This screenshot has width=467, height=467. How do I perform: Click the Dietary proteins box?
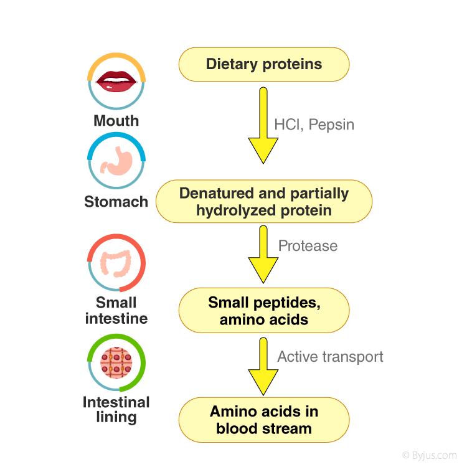(x=264, y=64)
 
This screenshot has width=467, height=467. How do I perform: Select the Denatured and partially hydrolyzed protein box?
(x=264, y=202)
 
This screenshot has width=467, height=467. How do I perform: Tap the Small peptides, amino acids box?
(x=264, y=311)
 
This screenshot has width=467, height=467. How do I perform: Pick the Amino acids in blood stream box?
(x=264, y=420)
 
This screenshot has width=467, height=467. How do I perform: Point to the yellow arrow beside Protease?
(x=263, y=255)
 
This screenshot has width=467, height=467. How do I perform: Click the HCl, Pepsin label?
(x=314, y=125)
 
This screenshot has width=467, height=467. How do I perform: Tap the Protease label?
(x=308, y=246)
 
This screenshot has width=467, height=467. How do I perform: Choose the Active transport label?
(x=330, y=357)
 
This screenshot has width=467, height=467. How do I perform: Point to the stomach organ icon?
(x=116, y=163)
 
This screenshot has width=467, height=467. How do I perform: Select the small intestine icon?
(x=116, y=264)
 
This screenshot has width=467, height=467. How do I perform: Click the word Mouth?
(x=116, y=120)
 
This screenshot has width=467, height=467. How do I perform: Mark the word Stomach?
(x=116, y=202)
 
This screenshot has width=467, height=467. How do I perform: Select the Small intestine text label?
(x=116, y=311)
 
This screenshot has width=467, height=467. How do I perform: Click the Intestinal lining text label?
(x=116, y=410)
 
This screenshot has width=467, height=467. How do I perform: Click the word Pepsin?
(x=332, y=125)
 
